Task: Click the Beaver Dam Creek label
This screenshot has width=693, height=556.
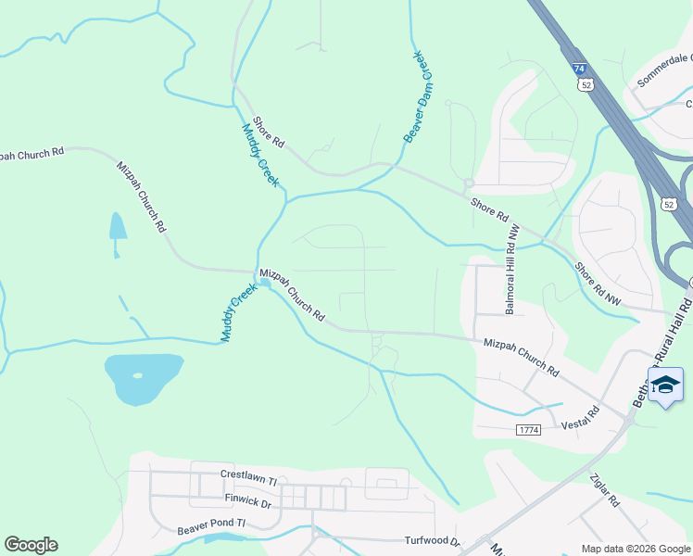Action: pyautogui.click(x=418, y=97)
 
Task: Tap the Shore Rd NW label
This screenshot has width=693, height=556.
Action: pyautogui.click(x=598, y=284)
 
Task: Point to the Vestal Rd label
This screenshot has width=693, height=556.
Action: pyautogui.click(x=580, y=418)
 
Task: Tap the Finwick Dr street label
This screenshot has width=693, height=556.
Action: pyautogui.click(x=247, y=503)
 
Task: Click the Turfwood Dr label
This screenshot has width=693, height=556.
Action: pyautogui.click(x=432, y=540)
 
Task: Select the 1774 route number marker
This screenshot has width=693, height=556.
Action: pyautogui.click(x=528, y=428)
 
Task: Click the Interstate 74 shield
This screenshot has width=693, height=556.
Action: pyautogui.click(x=579, y=69)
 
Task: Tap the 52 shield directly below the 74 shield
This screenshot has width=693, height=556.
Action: pyautogui.click(x=586, y=84)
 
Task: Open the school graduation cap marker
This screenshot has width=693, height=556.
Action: pyautogui.click(x=665, y=385)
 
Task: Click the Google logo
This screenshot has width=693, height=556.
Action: pyautogui.click(x=31, y=545)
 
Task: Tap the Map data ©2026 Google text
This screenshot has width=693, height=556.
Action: pyautogui.click(x=635, y=549)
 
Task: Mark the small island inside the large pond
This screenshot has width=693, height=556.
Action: pyautogui.click(x=138, y=375)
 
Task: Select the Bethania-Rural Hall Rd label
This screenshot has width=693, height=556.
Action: pyautogui.click(x=661, y=352)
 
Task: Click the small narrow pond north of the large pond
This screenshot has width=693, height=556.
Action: pyautogui.click(x=117, y=228)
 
